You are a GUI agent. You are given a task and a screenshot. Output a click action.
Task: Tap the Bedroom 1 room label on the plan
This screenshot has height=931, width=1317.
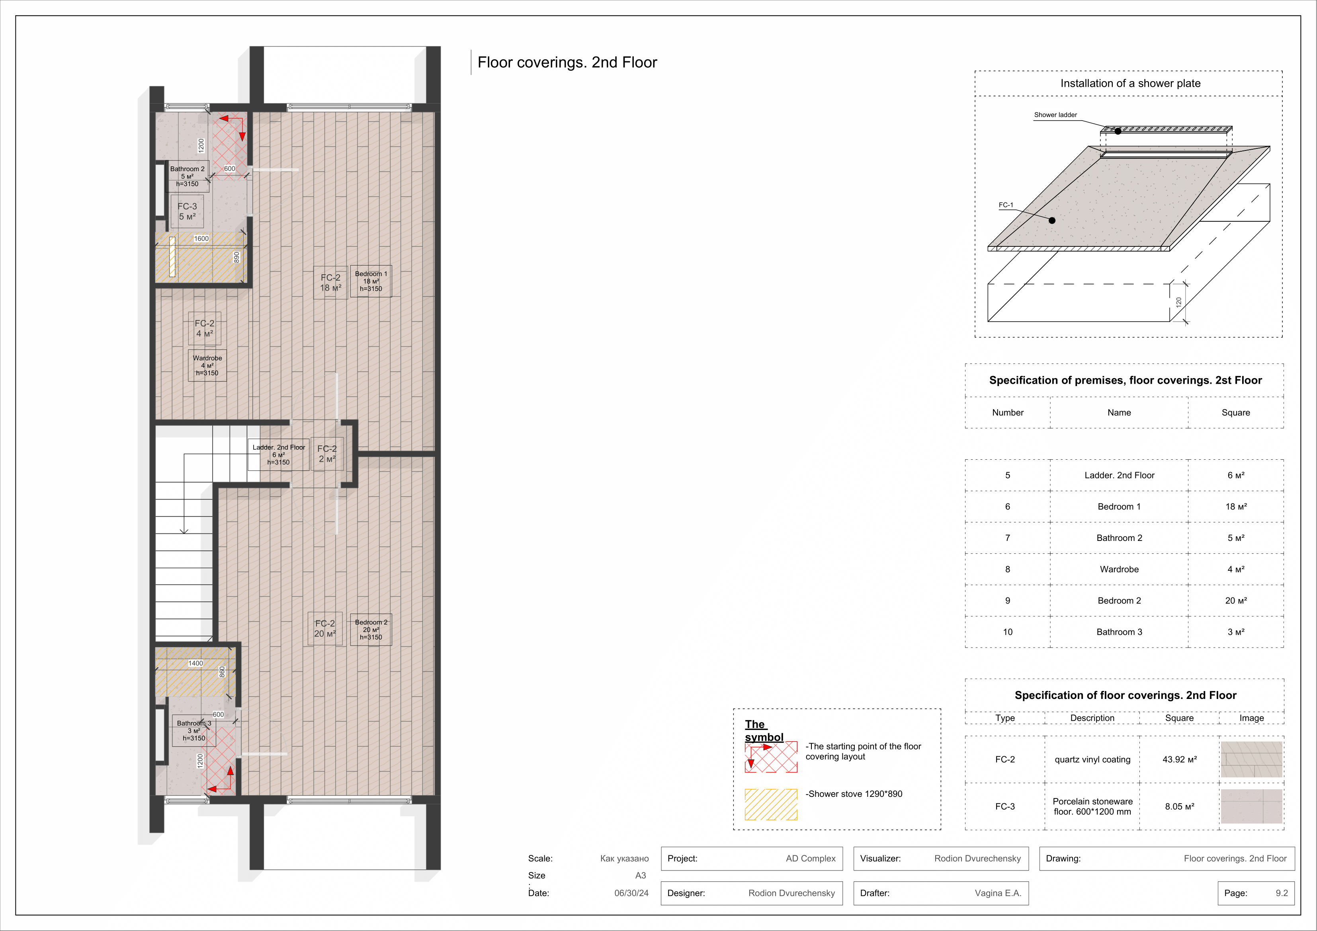(x=371, y=281)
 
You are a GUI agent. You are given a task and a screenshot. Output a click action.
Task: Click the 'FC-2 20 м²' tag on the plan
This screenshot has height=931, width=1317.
(x=324, y=629)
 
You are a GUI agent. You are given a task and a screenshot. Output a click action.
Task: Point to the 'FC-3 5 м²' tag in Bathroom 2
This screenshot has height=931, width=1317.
(x=187, y=211)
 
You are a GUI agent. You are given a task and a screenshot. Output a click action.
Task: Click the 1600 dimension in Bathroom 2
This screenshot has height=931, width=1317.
(x=201, y=239)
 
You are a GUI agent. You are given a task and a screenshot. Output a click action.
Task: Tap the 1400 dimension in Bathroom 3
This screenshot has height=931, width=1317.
(x=195, y=663)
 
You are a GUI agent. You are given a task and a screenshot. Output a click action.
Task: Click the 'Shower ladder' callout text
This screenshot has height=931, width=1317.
(x=1055, y=115)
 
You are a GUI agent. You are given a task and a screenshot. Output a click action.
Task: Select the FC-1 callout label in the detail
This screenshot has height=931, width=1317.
(x=1006, y=205)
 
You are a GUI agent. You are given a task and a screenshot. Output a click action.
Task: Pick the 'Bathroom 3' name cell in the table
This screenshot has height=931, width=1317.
(x=1119, y=632)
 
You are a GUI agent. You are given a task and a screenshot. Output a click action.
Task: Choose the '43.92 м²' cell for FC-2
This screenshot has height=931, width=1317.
(x=1179, y=759)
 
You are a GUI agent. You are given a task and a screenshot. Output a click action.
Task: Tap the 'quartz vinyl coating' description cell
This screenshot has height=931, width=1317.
(x=1092, y=759)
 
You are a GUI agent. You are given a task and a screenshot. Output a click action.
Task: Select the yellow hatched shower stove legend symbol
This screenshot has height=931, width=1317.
(x=771, y=804)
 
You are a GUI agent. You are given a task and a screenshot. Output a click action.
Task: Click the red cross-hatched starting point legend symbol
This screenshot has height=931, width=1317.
(x=771, y=757)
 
